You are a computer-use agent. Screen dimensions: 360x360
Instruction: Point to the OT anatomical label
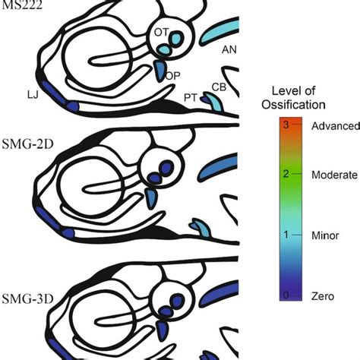tap(160, 33)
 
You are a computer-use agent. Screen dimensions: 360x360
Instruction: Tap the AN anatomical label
tap(229, 51)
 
